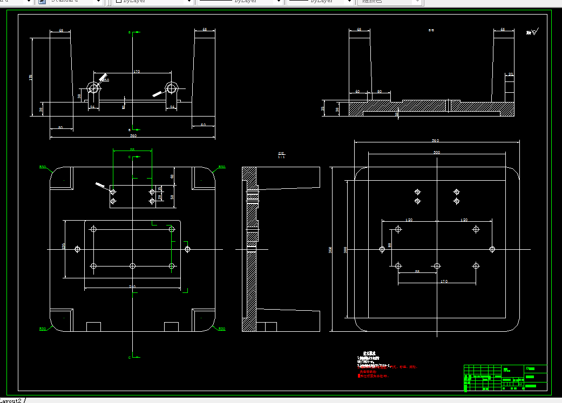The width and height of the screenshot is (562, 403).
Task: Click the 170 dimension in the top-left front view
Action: [x=136, y=71]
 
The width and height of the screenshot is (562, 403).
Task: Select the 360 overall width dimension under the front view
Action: [x=132, y=135]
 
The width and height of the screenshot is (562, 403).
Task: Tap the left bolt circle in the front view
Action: [x=94, y=88]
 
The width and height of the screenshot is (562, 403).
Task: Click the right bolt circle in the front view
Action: [x=172, y=88]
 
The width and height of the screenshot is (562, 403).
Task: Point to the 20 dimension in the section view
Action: [x=510, y=74]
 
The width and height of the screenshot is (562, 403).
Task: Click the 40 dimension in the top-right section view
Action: [x=357, y=92]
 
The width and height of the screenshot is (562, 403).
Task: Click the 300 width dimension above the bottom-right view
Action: [x=437, y=153]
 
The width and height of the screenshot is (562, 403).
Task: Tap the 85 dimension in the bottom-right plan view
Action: [x=417, y=272]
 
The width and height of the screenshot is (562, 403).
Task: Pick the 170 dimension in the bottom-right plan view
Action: [x=444, y=282]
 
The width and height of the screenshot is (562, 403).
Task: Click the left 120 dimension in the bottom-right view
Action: [x=409, y=220]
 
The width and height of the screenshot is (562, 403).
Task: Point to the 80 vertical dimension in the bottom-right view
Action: [x=390, y=245]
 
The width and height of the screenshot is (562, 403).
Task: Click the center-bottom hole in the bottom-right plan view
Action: [x=437, y=266]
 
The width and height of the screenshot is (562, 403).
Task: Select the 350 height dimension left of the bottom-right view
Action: [x=330, y=249]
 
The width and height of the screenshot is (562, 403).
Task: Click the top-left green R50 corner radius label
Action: [x=42, y=167]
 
